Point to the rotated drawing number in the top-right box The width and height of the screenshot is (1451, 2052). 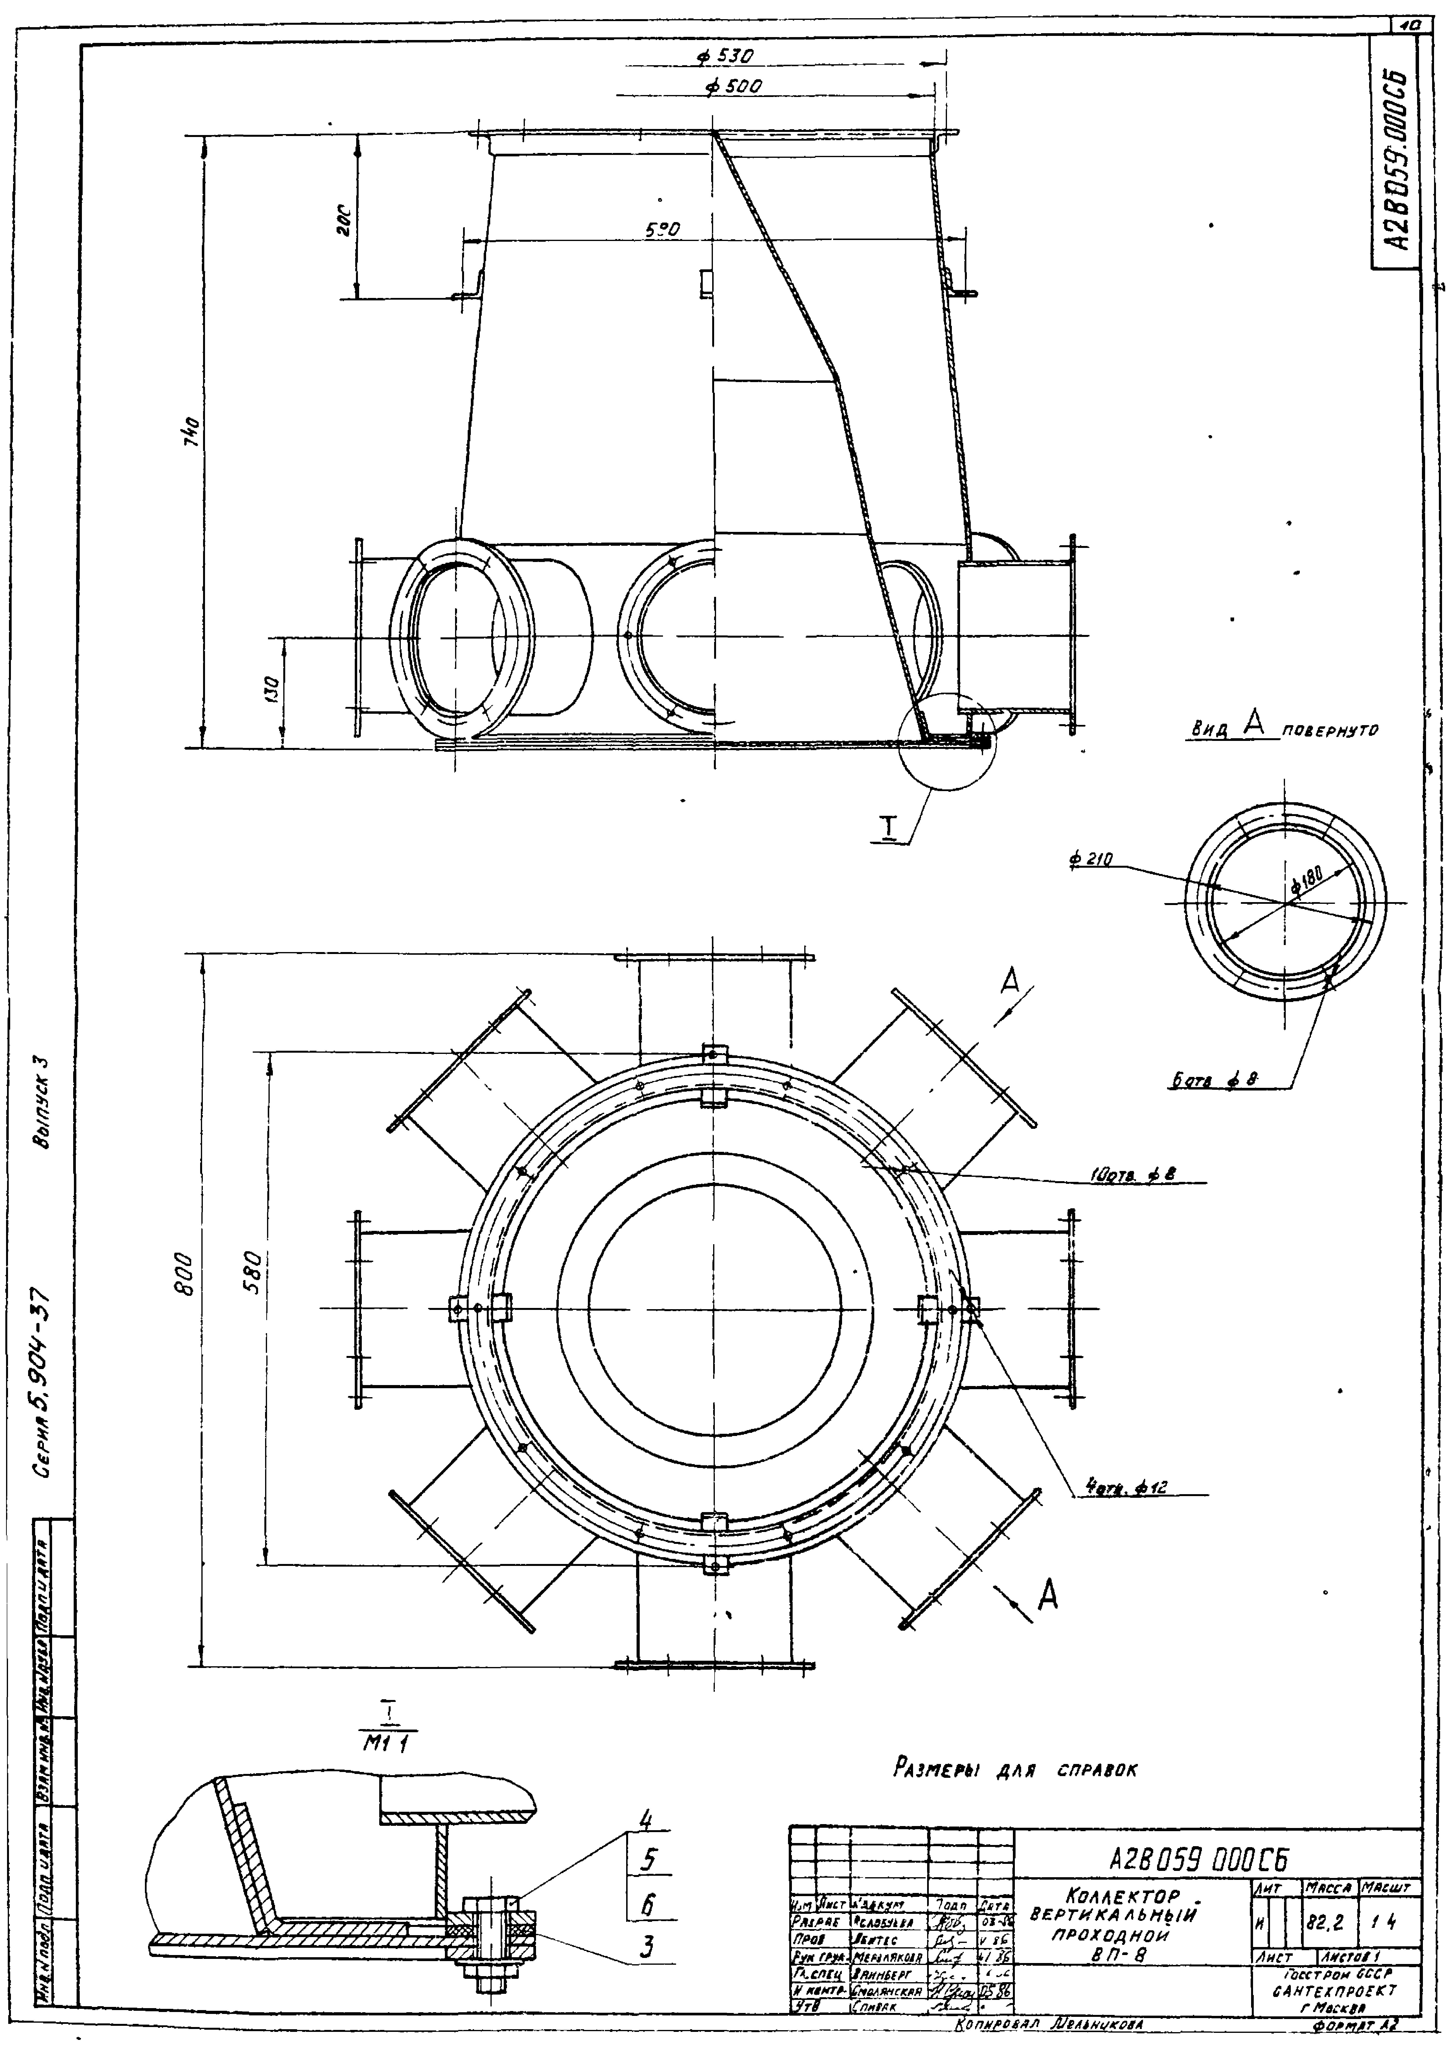tap(1396, 161)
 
